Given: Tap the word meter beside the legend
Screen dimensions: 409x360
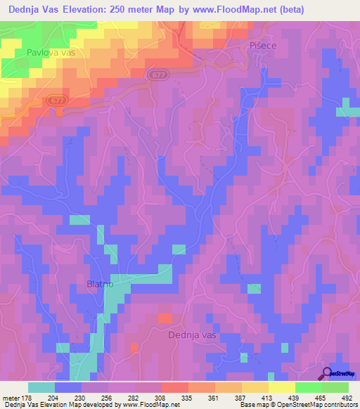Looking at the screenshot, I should tap(12, 397).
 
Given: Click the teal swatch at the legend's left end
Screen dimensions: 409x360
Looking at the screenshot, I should tap(41, 387).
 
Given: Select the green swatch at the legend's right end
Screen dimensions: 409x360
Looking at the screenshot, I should tap(335, 387).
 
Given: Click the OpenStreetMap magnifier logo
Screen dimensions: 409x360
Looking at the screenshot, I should tap(327, 373).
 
